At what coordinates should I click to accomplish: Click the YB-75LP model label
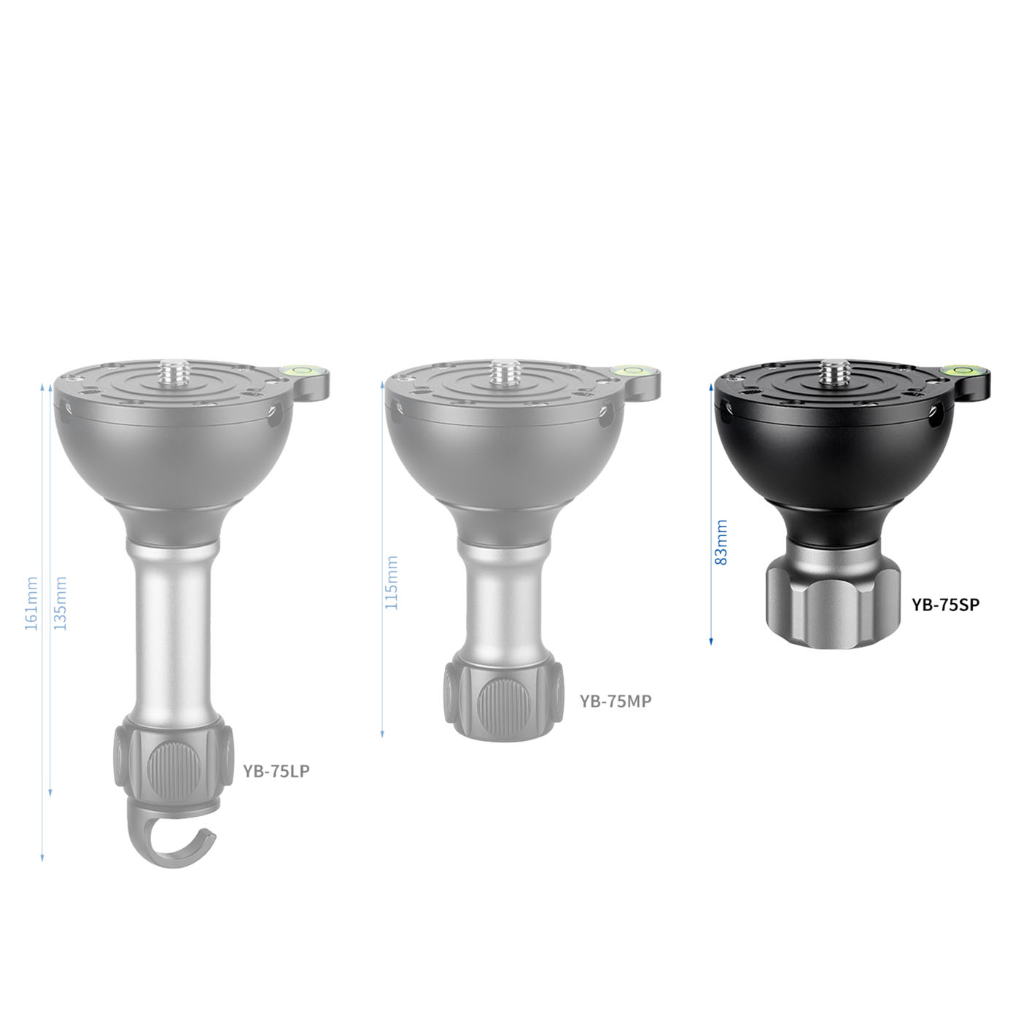(276, 772)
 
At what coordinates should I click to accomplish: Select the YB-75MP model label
(616, 702)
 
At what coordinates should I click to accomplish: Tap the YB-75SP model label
(946, 604)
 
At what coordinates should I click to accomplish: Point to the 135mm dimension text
(61, 603)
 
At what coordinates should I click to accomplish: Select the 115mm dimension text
(391, 583)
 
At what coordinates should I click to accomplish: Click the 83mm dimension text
(721, 543)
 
